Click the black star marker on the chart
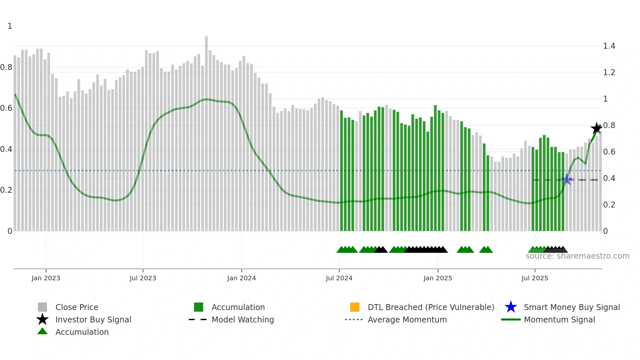[x=597, y=128]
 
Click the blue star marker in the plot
[x=567, y=179]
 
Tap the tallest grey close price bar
[x=206, y=131]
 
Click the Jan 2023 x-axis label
[x=46, y=278]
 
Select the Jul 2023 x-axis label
[x=143, y=278]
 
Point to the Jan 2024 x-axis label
[x=241, y=278]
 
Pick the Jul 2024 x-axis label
[x=339, y=278]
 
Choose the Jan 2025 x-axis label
[x=438, y=278]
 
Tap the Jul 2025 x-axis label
[x=535, y=278]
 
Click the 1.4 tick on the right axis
[x=609, y=46]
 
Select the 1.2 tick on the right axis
[x=609, y=73]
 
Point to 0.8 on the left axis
[x=6, y=67]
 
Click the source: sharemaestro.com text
[x=577, y=256]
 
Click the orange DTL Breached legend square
[x=355, y=307]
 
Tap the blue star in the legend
[x=511, y=307]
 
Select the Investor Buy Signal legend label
[x=93, y=319]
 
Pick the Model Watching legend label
[x=243, y=319]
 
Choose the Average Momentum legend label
[x=407, y=319]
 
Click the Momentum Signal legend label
[x=559, y=319]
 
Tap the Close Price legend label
[x=77, y=307]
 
